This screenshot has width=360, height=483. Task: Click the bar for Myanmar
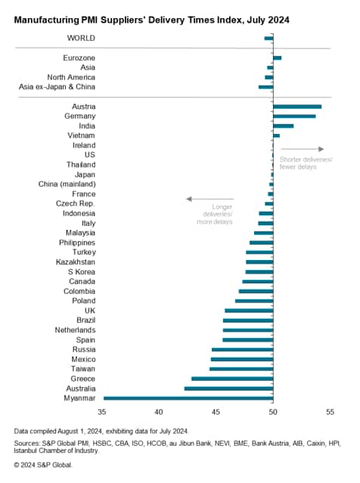pyautogui.click(x=188, y=398)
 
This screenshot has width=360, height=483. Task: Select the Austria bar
pyautogui.click(x=296, y=107)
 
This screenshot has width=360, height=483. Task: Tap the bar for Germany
pyautogui.click(x=293, y=116)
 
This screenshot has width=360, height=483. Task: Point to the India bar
pyautogui.click(x=283, y=125)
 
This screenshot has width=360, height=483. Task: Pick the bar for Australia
pyautogui.click(x=228, y=388)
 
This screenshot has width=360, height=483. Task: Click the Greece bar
pyautogui.click(x=231, y=378)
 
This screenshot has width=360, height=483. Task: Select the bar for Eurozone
pyautogui.click(x=277, y=57)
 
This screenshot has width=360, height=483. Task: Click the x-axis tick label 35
pyautogui.click(x=102, y=412)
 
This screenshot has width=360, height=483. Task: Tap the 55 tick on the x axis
pyautogui.click(x=330, y=412)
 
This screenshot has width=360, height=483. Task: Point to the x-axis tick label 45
pyautogui.click(x=216, y=412)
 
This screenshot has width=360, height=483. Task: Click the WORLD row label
pyautogui.click(x=80, y=37)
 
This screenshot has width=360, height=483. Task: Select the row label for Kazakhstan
pyautogui.click(x=76, y=262)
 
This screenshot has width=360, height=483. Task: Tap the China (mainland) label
pyautogui.click(x=67, y=184)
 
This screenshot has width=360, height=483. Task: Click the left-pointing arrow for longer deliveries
pyautogui.click(x=209, y=199)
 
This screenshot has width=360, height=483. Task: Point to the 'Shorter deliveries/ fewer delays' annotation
pyautogui.click(x=305, y=163)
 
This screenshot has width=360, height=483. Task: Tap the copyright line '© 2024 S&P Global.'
pyautogui.click(x=43, y=464)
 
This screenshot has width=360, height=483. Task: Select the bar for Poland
pyautogui.click(x=253, y=300)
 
